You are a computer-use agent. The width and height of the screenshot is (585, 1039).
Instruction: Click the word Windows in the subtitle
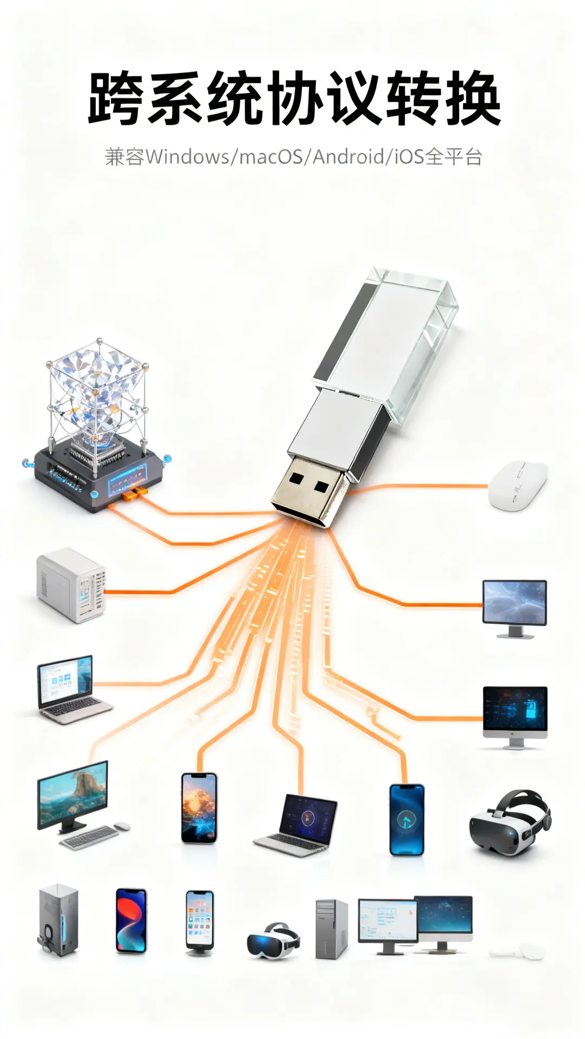pos(187,157)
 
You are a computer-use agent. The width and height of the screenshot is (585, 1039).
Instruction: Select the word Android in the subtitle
pos(348,157)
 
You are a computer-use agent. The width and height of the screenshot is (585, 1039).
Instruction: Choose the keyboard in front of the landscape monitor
pos(89,837)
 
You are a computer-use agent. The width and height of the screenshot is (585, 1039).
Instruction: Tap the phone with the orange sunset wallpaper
pos(199,807)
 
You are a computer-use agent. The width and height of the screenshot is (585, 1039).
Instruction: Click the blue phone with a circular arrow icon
pos(407,819)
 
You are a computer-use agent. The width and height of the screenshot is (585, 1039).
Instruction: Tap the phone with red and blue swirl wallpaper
pos(132,920)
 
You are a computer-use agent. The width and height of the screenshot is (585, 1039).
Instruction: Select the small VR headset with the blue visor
pos(274,941)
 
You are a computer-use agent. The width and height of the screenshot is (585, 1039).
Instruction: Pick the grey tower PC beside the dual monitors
pos(331,929)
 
